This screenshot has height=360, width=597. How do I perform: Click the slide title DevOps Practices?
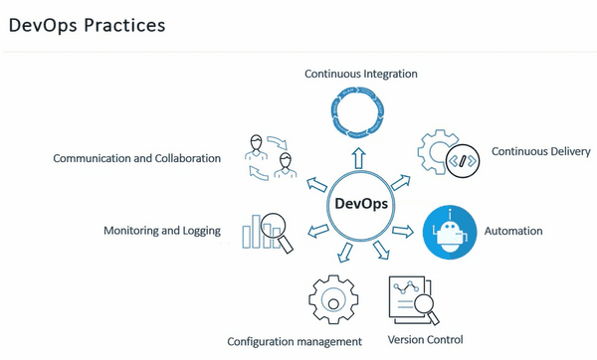(87, 25)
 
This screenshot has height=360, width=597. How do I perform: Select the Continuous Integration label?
(360, 74)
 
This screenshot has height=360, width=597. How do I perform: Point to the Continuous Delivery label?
(540, 151)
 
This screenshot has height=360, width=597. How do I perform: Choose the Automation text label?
(514, 231)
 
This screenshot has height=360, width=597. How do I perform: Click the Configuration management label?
(295, 342)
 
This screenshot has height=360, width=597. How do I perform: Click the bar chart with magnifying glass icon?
(266, 230)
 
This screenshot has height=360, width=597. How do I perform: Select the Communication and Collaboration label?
(137, 158)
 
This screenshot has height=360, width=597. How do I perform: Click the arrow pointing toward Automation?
(403, 231)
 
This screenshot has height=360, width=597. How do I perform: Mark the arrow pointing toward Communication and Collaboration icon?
(317, 183)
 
